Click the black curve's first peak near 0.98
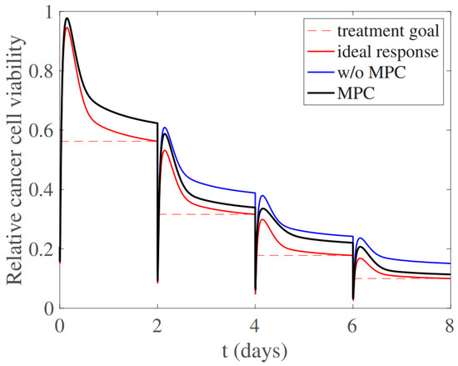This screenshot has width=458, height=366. pyautogui.click(x=67, y=18)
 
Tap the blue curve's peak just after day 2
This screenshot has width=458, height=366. pyautogui.click(x=165, y=128)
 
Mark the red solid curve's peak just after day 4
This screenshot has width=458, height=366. pyautogui.click(x=262, y=220)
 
